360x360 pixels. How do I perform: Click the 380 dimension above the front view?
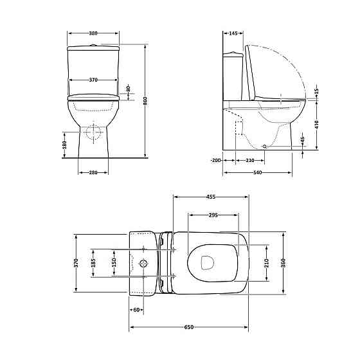94,33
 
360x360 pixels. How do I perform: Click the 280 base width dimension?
94,172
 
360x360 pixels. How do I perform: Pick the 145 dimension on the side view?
233,33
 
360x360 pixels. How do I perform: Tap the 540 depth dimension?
257,172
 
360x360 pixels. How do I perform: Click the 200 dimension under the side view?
216,159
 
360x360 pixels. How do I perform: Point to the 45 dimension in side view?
302,140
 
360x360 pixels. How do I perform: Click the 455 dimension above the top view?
210,196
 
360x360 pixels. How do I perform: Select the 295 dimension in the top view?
212,215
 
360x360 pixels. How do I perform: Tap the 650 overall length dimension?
189,327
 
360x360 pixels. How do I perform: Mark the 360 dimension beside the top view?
283,262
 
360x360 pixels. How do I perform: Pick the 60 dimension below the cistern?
136,310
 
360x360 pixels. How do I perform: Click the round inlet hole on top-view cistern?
144,263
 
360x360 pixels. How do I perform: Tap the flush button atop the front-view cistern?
94,45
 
